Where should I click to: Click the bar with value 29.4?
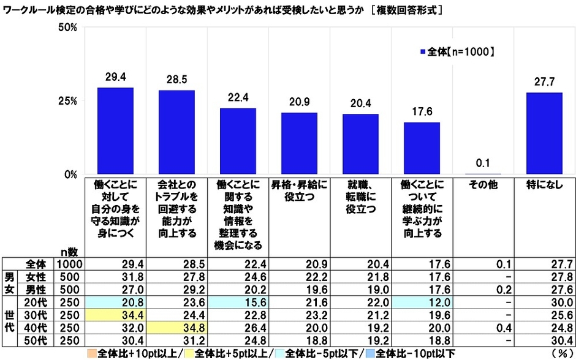click(x=115, y=131)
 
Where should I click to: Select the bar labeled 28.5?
click(x=176, y=132)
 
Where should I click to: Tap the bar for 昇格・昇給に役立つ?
click(x=299, y=143)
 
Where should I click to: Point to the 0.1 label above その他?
click(x=483, y=164)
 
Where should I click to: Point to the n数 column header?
click(x=68, y=252)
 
